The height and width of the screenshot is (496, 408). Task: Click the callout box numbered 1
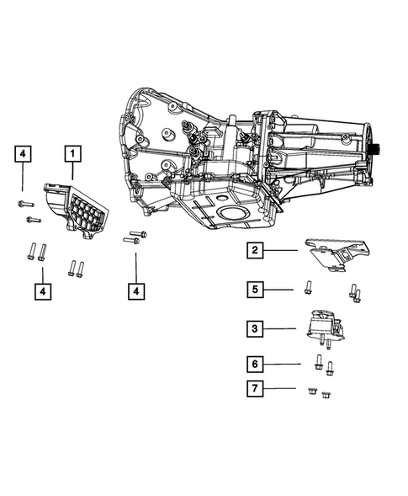(x=72, y=154)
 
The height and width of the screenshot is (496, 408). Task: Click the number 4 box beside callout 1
(x=23, y=154)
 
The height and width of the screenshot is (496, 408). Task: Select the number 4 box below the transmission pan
(x=135, y=291)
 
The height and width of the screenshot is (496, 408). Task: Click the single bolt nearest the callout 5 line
(x=309, y=285)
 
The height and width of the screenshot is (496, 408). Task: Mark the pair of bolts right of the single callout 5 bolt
(x=354, y=292)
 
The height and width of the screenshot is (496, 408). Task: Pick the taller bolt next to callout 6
(x=318, y=363)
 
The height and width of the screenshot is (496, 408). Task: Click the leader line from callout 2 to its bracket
(x=283, y=250)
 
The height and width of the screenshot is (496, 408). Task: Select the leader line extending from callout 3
(x=283, y=328)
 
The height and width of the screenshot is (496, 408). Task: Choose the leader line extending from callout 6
(x=284, y=365)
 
